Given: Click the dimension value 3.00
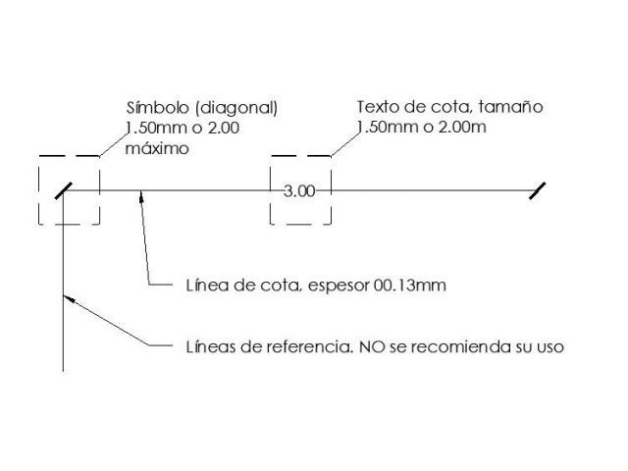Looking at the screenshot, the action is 299,191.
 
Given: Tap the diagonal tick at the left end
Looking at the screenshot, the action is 64,190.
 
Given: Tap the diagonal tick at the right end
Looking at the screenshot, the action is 537,190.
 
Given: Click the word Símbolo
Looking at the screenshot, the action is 158,108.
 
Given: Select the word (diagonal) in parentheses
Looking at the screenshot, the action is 236,108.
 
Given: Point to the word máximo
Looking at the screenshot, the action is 157,148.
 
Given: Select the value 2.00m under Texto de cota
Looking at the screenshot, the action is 462,128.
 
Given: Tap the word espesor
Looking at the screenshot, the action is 339,287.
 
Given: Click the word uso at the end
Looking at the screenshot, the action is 550,347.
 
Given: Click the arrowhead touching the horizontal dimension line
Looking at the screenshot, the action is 141,196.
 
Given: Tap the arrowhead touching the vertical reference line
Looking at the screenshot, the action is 69,298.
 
